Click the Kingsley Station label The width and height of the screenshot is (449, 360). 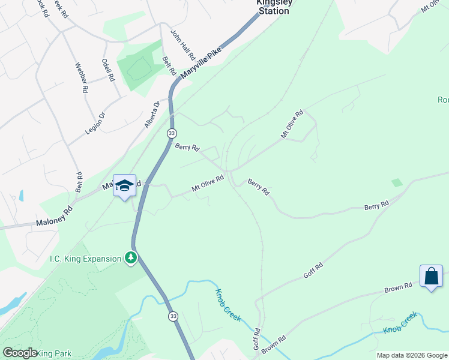point(274,6)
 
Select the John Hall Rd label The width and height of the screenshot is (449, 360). point(182,45)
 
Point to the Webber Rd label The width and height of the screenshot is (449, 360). point(82,77)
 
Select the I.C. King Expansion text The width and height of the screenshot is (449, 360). point(86,259)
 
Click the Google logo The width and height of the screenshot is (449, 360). point(20,353)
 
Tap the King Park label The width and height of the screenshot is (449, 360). point(54,353)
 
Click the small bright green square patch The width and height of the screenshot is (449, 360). point(396,182)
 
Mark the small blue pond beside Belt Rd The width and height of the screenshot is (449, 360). point(22,196)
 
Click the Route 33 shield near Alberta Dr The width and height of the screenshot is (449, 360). point(172,133)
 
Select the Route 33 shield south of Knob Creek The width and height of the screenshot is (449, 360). point(173,316)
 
